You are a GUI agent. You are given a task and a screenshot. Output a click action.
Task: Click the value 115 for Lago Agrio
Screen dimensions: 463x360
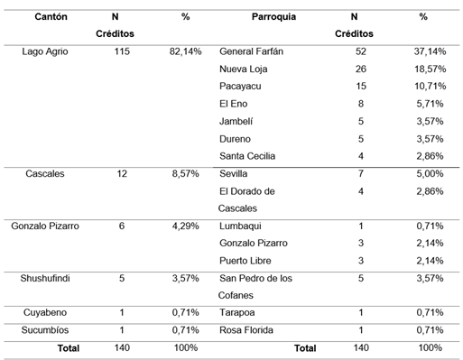pyautogui.click(x=121, y=51)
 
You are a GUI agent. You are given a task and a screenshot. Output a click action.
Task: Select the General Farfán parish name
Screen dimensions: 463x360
pyautogui.click(x=251, y=51)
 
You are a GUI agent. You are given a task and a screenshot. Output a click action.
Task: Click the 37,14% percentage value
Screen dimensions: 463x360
pyautogui.click(x=423, y=51)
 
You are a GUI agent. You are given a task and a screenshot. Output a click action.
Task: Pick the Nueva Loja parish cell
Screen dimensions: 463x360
pyautogui.click(x=245, y=69)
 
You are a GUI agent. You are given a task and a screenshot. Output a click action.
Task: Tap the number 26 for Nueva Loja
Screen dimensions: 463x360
pyautogui.click(x=361, y=69)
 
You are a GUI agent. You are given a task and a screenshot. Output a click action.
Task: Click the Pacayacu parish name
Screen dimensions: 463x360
pyautogui.click(x=241, y=86)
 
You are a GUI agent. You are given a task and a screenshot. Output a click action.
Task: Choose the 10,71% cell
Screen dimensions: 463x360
pyautogui.click(x=423, y=86)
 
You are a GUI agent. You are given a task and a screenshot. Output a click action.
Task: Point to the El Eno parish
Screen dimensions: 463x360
pyautogui.click(x=234, y=104)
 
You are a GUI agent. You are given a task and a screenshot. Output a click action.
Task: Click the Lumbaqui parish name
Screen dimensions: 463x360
pyautogui.click(x=242, y=226)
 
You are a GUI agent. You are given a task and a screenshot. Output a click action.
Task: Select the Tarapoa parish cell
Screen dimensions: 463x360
pyautogui.click(x=239, y=312)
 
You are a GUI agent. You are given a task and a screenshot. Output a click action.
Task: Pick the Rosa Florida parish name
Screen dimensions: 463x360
pyautogui.click(x=247, y=329)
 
